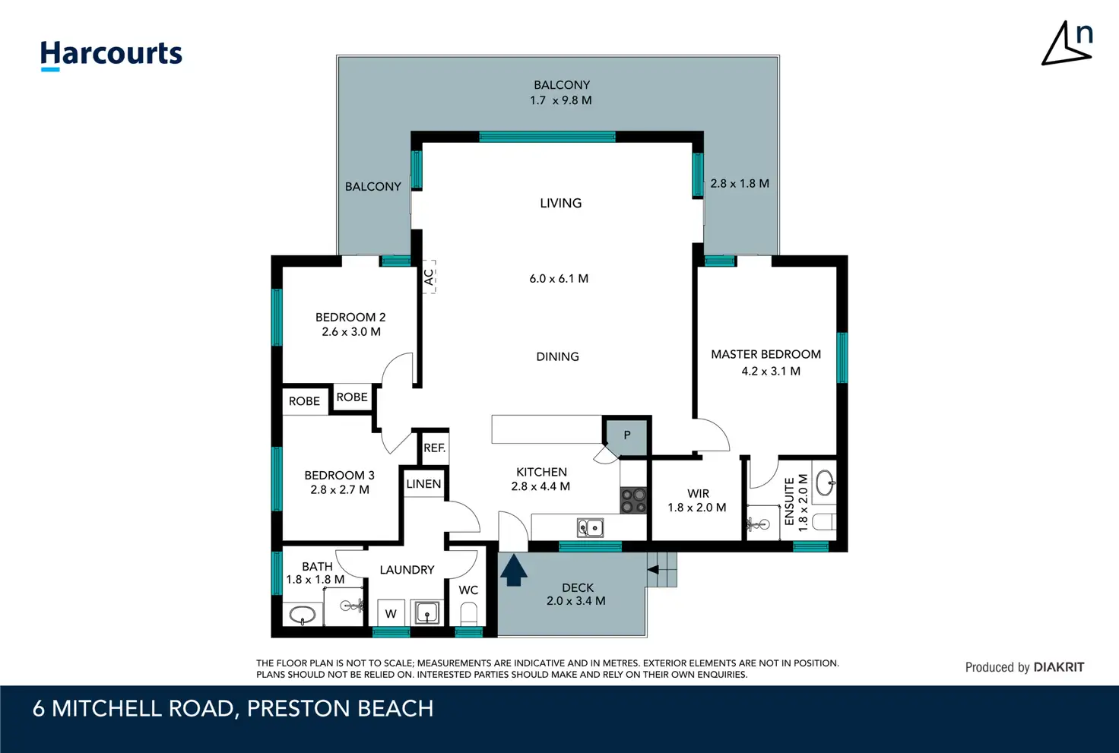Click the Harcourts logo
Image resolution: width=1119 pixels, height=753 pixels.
(111, 55)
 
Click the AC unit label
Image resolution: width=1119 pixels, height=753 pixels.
(429, 277)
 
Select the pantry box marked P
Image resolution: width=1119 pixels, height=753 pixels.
(627, 435)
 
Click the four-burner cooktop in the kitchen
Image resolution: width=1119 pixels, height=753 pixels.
(633, 500)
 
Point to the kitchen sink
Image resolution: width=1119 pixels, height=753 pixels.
(590, 527)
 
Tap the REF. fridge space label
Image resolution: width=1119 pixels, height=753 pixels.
(434, 448)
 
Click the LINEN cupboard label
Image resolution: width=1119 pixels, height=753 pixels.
(423, 483)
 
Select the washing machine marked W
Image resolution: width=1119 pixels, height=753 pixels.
(391, 613)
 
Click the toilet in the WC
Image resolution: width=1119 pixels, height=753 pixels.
(468, 614)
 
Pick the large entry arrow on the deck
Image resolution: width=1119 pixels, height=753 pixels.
(514, 570)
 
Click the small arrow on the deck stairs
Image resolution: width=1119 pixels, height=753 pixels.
(653, 569)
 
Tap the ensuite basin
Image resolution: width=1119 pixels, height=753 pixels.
(826, 482)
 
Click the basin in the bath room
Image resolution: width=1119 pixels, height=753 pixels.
(302, 615)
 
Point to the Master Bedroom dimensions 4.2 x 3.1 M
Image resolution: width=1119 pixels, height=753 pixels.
(771, 371)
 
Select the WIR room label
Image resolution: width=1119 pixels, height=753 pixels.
(698, 493)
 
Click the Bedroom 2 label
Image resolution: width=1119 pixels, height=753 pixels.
(350, 317)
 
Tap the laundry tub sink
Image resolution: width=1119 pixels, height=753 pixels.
(426, 612)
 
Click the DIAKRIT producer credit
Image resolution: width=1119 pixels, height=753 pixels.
(1025, 667)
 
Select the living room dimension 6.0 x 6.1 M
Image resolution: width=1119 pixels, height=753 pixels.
(559, 279)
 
